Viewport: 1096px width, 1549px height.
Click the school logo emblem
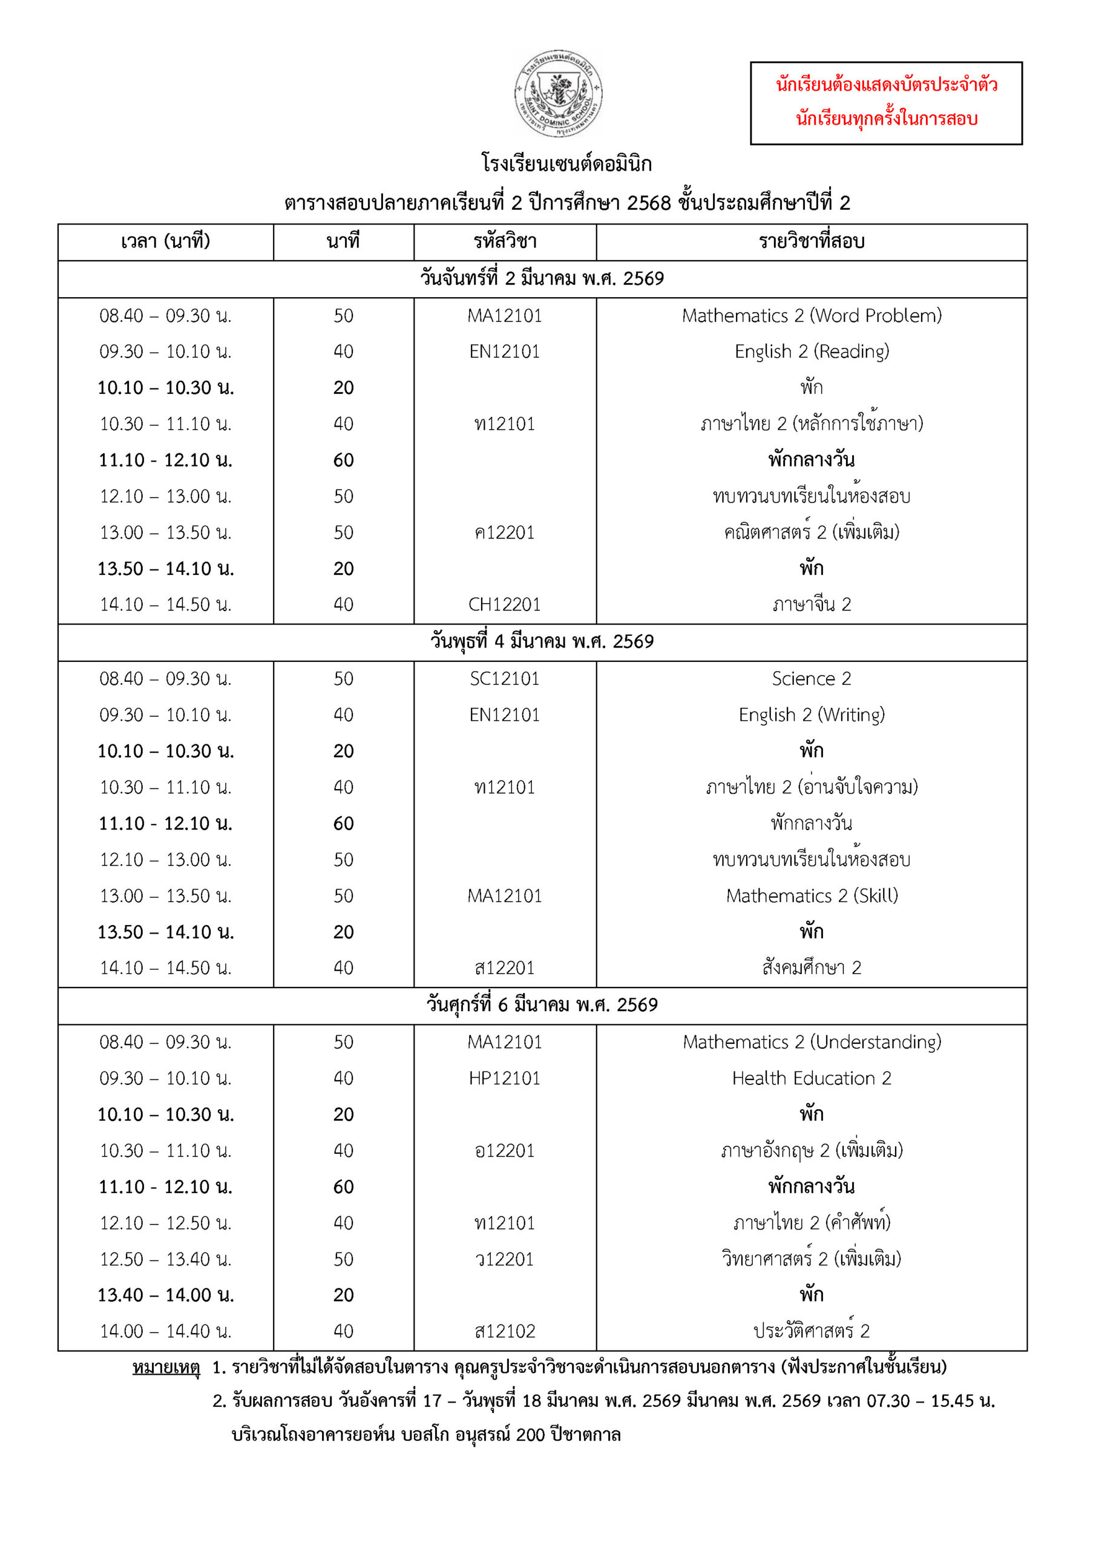tap(558, 93)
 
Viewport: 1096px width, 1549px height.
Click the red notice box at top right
tap(885, 102)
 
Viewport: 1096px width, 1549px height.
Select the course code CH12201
tap(504, 604)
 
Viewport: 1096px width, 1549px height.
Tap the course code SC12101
tap(504, 679)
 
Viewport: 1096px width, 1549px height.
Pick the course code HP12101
tap(504, 1078)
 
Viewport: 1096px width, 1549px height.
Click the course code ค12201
tap(504, 533)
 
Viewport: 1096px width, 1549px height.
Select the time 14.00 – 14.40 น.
tap(165, 1331)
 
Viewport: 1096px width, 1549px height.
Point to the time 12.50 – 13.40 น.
tap(165, 1259)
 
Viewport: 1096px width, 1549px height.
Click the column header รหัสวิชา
tap(504, 241)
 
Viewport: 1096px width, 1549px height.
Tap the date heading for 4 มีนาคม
tap(542, 641)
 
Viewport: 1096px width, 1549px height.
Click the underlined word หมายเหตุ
tap(166, 1367)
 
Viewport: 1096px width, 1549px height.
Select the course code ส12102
tap(504, 1331)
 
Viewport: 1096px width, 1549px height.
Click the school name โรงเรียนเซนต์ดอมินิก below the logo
tap(566, 164)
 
